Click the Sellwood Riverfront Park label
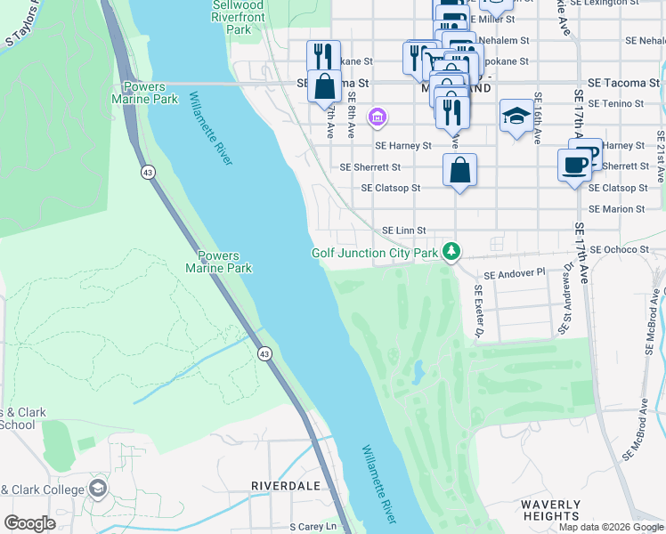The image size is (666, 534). click(238, 17)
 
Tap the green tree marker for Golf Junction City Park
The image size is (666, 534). click(452, 252)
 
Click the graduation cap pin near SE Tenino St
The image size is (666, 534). click(516, 117)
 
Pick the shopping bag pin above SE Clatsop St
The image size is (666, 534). click(459, 171)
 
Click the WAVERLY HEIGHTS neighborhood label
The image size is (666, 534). click(550, 510)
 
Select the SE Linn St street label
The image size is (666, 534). click(404, 231)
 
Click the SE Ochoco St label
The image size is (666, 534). click(621, 251)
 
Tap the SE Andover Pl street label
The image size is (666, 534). click(515, 272)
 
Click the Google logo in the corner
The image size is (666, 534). click(30, 523)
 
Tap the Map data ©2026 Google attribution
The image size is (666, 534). click(610, 527)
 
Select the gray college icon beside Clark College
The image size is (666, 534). click(97, 489)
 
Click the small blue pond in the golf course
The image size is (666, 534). click(417, 374)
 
